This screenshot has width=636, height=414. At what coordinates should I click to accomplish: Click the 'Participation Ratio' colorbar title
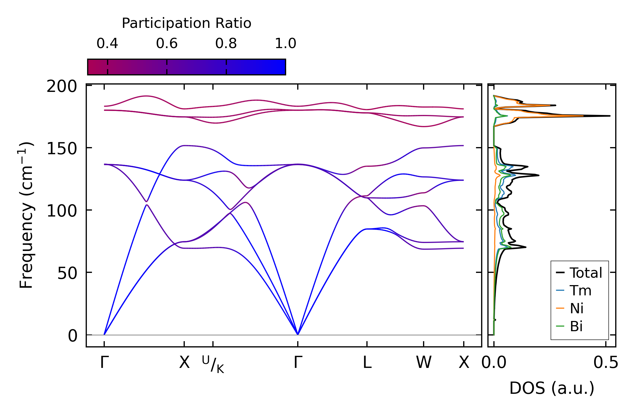[x=186, y=23]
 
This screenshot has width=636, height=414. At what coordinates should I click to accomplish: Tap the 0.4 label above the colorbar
[x=107, y=44]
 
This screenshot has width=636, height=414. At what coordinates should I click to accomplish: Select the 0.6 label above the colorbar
[x=167, y=44]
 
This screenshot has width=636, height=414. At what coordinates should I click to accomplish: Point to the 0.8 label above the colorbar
[x=226, y=44]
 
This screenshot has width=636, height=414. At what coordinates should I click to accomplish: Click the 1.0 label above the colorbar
[x=286, y=44]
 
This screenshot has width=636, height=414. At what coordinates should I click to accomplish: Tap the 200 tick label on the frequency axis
[x=62, y=86]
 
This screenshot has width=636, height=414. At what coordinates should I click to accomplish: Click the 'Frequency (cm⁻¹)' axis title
[x=26, y=215]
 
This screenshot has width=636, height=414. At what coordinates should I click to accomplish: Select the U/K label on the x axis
[x=213, y=364]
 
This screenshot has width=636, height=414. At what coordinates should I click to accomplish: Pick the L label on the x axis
[x=367, y=363]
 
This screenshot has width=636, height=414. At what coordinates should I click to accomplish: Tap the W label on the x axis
[x=424, y=363]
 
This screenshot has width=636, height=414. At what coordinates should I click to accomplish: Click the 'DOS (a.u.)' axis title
[x=552, y=388]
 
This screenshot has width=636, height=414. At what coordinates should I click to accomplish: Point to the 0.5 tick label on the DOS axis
[x=606, y=363]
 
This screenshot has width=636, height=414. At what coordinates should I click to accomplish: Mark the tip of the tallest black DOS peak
[x=610, y=116]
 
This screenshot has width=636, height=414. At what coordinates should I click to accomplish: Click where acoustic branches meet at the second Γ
[x=298, y=334]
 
